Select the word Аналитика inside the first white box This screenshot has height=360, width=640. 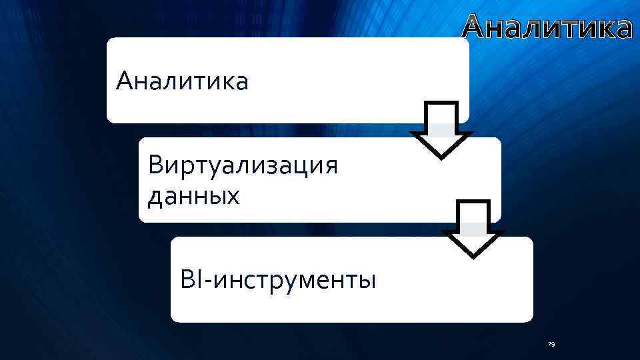tap(181, 83)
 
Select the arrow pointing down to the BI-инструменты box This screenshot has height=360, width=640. tap(473, 229)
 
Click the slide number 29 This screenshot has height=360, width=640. tap(551, 344)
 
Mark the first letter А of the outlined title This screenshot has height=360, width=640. tap(477, 28)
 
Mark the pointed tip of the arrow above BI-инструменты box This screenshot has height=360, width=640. tap(473, 255)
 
